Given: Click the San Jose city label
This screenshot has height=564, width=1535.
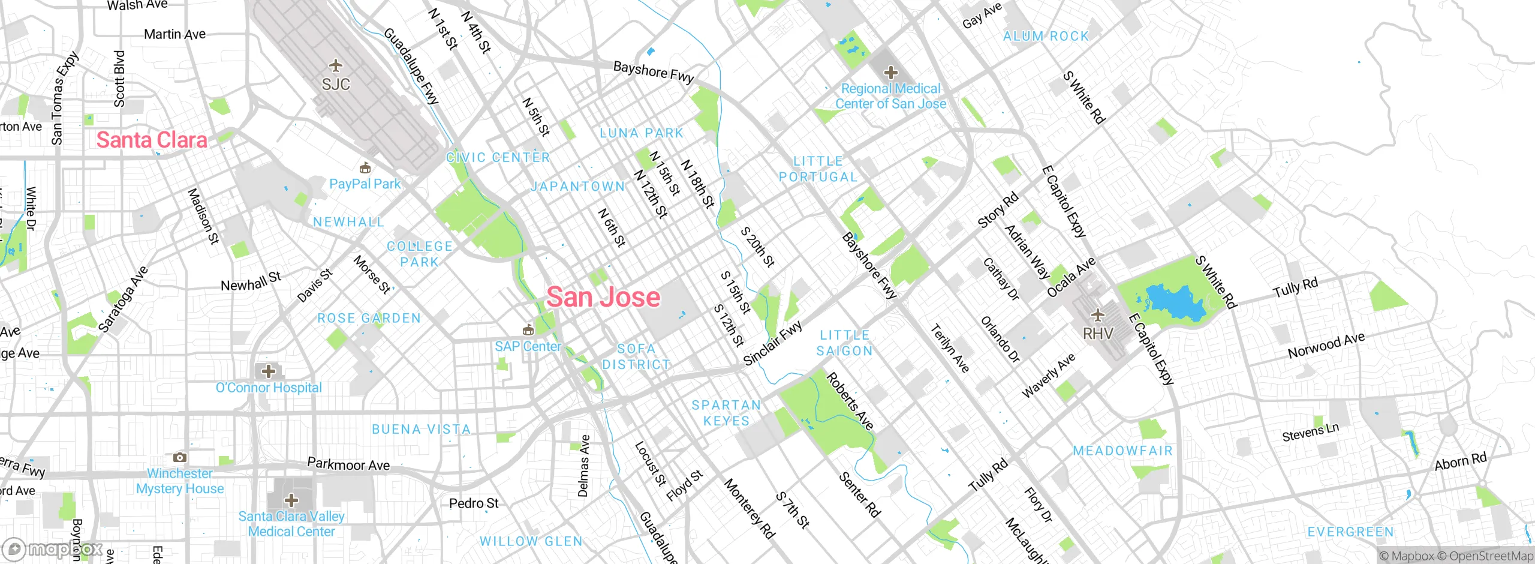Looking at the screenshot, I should tap(603, 297).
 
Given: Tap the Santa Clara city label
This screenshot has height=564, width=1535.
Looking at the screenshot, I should tap(152, 140).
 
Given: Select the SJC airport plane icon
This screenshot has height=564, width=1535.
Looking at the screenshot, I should tap(336, 65).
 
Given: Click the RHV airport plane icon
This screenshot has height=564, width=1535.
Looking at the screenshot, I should tap(1097, 314).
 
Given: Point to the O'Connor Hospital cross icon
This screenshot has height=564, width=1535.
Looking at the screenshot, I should tap(269, 371).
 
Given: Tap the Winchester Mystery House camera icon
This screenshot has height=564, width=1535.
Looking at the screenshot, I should tap(179, 458).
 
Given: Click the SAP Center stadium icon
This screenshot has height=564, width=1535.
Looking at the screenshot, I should tap(528, 329).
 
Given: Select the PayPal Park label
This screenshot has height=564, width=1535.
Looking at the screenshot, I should tap(365, 184).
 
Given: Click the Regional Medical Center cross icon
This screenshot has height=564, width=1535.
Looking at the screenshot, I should tap(891, 73).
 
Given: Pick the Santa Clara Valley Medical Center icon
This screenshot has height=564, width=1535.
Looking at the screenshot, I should tap(291, 500).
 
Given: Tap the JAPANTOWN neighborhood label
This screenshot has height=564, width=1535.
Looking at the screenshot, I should tap(577, 187).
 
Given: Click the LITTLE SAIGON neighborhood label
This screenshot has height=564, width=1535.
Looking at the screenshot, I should tap(844, 343).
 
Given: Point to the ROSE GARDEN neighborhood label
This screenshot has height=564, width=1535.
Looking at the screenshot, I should tap(369, 318).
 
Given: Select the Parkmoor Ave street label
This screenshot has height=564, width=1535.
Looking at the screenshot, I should tap(348, 464).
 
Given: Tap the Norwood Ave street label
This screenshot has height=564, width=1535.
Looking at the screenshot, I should tap(1326, 346).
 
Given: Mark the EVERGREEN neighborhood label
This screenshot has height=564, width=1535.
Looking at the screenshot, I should tap(1350, 532).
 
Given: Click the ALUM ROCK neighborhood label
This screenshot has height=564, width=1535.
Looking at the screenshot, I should tap(1046, 36).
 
